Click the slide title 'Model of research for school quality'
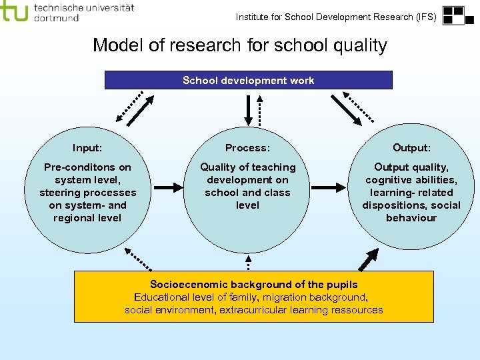tap(239, 45)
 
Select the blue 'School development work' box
tap(249, 80)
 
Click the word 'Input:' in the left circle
tap(87, 147)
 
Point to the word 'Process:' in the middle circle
tap(247, 147)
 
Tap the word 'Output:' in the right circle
tap(411, 147)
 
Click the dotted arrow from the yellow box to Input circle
tap(138, 256)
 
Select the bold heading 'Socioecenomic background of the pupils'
tap(254, 285)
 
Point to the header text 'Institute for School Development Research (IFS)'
tap(336, 17)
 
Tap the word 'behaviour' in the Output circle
tap(411, 218)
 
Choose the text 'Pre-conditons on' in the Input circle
tap(87, 167)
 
